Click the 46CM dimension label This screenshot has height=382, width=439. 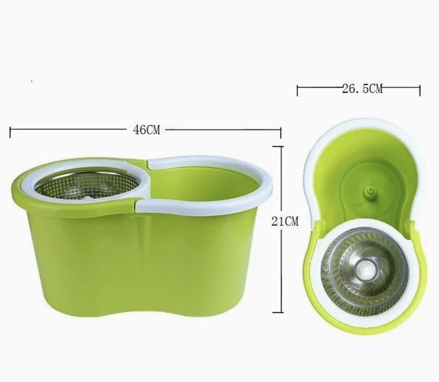[x=147, y=130]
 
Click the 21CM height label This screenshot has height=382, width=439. [x=285, y=221]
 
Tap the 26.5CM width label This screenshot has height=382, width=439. [x=362, y=89]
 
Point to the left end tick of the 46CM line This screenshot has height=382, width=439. [x=10, y=131]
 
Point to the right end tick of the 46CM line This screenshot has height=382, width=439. [x=281, y=132]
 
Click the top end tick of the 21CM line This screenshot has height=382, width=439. [x=278, y=146]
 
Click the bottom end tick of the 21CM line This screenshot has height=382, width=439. [x=278, y=313]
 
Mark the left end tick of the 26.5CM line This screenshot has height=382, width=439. [x=297, y=90]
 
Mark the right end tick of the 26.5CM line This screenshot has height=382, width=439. [x=420, y=90]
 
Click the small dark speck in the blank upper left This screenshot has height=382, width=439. [x=32, y=80]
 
